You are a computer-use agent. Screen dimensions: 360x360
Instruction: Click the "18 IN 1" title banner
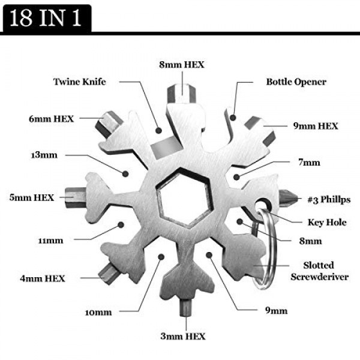(x=47, y=18)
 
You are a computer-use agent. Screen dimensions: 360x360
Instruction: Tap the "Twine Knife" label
(x=80, y=82)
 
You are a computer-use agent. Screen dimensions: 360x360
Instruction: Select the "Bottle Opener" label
(x=296, y=82)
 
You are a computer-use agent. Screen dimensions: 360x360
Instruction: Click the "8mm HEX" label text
(x=182, y=65)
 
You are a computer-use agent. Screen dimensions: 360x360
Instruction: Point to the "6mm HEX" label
(x=51, y=119)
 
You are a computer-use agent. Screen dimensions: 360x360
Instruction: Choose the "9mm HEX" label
(x=316, y=126)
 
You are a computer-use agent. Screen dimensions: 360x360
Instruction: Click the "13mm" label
(x=44, y=155)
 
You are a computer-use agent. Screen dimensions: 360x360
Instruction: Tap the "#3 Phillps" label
(x=329, y=199)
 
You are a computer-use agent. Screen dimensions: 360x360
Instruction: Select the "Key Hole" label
(x=327, y=222)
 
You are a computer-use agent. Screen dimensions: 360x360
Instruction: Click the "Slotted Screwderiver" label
(x=319, y=271)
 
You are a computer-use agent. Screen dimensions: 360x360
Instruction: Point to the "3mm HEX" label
(x=183, y=337)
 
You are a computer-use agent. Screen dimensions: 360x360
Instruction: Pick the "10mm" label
(x=98, y=313)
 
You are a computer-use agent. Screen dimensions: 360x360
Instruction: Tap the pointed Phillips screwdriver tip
(x=289, y=198)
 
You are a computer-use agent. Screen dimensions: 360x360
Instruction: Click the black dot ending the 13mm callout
(x=125, y=173)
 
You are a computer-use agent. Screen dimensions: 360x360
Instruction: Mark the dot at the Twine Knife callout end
(x=158, y=131)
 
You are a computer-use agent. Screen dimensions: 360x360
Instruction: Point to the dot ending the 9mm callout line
(x=209, y=254)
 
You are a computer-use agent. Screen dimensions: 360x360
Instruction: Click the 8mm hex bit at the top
(x=182, y=94)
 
